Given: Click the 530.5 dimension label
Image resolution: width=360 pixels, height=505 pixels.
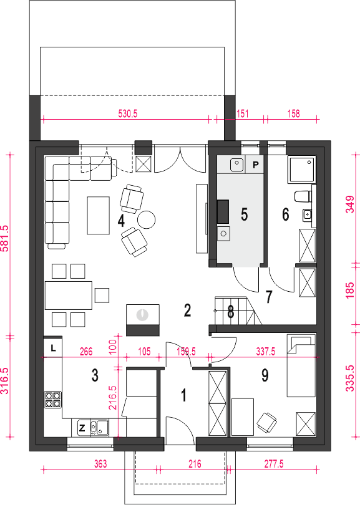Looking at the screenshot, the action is [128, 113].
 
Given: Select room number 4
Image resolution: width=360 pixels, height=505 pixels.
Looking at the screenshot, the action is [121, 221].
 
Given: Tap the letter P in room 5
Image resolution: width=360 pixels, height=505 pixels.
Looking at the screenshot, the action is [256, 165].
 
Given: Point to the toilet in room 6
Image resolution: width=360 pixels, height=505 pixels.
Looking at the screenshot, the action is [303, 196].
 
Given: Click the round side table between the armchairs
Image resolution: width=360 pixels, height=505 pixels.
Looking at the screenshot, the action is [147, 219].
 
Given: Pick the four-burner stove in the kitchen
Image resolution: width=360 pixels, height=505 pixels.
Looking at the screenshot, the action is [53, 400].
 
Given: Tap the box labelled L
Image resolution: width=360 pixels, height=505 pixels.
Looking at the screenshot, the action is [53, 347].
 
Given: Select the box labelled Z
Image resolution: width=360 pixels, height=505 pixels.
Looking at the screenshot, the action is [82, 428].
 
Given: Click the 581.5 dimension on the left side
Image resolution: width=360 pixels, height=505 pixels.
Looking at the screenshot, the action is [6, 239].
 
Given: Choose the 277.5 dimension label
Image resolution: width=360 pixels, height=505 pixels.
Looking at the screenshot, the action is [274, 464].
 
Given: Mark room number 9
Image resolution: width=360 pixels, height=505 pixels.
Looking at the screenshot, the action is [265, 375].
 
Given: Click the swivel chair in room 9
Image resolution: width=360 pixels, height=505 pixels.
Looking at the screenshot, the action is [267, 422].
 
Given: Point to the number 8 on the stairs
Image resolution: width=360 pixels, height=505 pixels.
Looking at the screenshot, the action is [230, 312].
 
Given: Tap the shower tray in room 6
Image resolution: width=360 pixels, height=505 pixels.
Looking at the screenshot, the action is [302, 170].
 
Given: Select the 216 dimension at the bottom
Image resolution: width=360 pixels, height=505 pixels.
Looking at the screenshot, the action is [195, 464].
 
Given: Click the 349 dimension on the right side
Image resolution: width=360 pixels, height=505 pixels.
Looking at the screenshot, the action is [349, 204].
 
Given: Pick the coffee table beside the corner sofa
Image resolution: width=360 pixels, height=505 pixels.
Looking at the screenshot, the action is [99, 215].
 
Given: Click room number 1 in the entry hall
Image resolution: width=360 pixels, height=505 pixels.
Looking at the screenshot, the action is [183, 395].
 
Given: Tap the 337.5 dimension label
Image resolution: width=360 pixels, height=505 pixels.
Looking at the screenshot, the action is [265, 352].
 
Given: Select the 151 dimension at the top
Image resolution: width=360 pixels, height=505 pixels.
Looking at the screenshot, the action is [242, 113].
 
